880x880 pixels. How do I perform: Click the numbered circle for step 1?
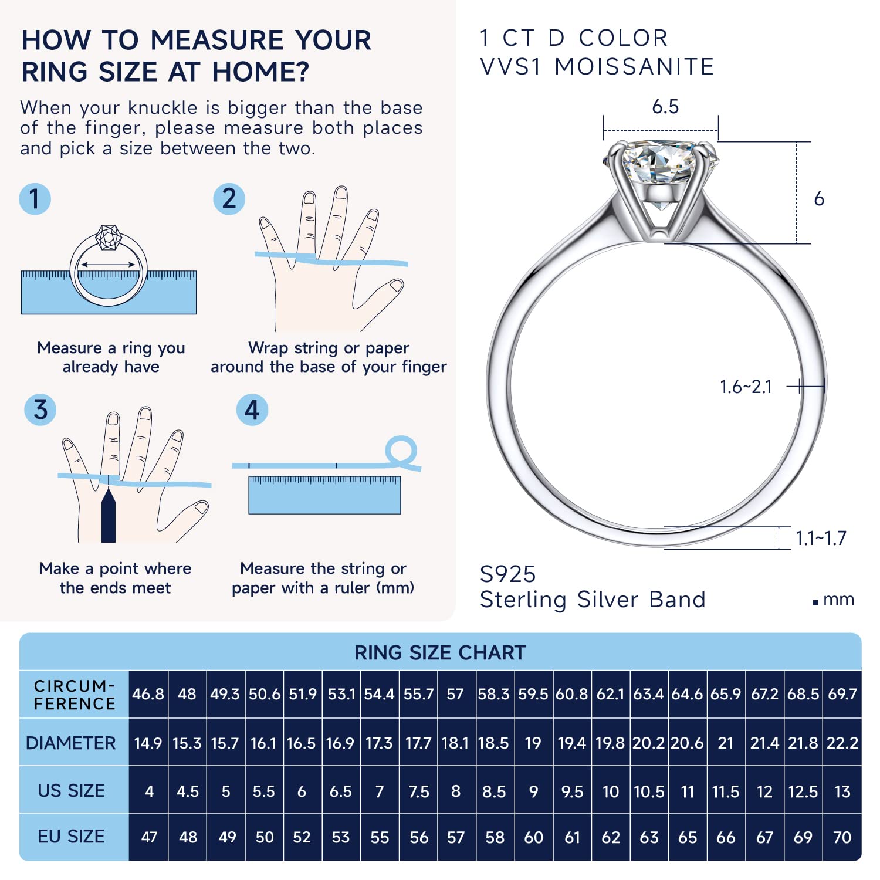[35, 198]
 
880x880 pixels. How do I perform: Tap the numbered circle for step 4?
[252, 409]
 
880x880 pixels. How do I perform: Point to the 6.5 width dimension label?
[665, 107]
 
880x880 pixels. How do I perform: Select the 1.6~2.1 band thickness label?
[746, 387]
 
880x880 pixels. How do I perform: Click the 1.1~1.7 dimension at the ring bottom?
[821, 538]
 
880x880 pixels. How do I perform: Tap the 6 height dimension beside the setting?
[819, 199]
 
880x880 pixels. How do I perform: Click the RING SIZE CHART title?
[440, 652]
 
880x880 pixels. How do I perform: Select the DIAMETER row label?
[71, 743]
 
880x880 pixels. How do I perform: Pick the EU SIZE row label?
[71, 836]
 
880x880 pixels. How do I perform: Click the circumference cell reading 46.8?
[148, 694]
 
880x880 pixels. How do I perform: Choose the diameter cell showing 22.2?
[842, 743]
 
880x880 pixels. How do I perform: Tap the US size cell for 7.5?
[419, 791]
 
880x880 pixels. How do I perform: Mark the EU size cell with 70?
[842, 837]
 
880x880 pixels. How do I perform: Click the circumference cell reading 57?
[455, 694]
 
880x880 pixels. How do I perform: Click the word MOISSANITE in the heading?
[634, 67]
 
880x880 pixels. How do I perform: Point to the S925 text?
[508, 574]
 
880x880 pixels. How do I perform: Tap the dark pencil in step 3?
[109, 513]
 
